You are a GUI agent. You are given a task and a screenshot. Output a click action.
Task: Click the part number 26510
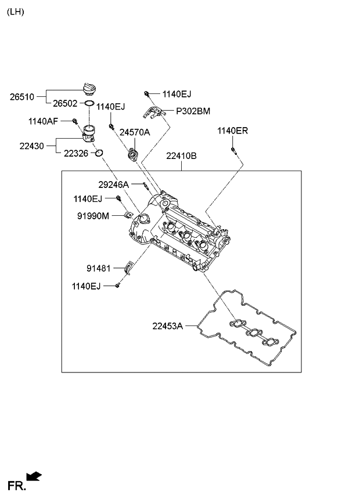point(22,97)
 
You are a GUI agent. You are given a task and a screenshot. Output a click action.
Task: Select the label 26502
point(65,103)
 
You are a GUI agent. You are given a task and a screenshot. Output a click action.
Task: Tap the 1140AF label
point(42,121)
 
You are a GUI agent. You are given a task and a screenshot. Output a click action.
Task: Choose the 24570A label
point(135,132)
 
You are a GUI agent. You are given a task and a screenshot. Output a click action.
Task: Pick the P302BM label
point(185,111)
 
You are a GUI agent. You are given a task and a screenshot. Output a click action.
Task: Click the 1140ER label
point(232,131)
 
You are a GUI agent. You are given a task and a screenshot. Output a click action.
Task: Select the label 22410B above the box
point(181,156)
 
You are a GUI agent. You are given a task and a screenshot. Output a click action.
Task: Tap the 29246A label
point(113,184)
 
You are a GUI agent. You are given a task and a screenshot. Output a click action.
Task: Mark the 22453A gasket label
point(168,326)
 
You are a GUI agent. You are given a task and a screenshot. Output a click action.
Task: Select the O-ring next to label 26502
point(89,103)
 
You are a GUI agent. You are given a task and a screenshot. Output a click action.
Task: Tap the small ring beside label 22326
point(99,153)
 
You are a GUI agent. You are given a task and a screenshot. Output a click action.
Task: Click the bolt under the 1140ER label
point(232,151)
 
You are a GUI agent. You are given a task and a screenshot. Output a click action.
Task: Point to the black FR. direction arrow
point(35,476)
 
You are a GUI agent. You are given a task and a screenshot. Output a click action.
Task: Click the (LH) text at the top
point(16,12)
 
